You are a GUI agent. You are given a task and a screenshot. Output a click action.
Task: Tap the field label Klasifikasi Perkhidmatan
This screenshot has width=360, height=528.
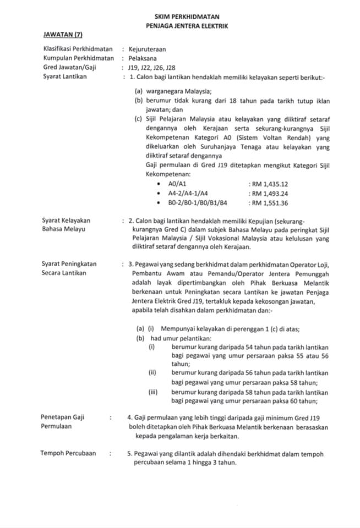pos(78,48)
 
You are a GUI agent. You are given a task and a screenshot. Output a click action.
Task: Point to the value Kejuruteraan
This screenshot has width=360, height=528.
pos(147,48)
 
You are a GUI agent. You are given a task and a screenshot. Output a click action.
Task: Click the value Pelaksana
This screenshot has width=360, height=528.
pos(142,58)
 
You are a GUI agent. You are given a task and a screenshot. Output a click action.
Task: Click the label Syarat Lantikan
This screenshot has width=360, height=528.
pos(64,76)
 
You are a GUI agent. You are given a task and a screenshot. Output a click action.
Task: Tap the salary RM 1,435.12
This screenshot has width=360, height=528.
pos(269,184)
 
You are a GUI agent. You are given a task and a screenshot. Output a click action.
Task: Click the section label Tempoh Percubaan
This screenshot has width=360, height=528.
pos(68,453)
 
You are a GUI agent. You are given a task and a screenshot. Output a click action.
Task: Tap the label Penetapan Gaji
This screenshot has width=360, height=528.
pos(63,417)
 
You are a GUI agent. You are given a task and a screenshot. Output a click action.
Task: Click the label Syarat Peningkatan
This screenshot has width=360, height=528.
pos(69,263)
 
